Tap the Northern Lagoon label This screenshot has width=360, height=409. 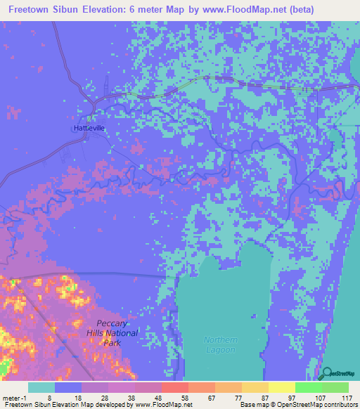pos(221,344)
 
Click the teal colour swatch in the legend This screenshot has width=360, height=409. pos(41,387)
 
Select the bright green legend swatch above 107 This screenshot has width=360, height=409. pos(307,387)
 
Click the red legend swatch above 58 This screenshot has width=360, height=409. pos(174,387)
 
